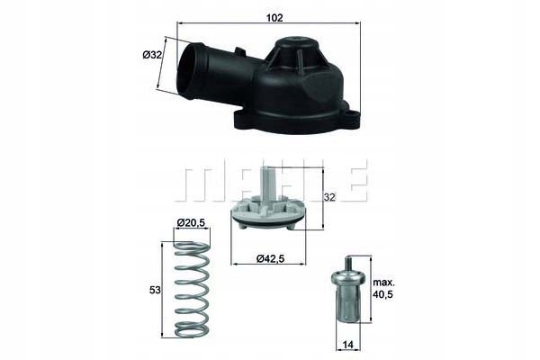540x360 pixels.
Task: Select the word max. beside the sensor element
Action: pyautogui.click(x=383, y=281)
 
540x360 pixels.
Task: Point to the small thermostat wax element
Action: pyautogui.click(x=346, y=295)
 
